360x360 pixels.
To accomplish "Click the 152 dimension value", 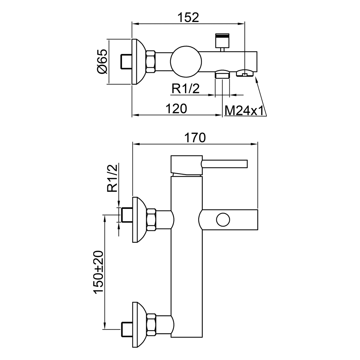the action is (188, 17).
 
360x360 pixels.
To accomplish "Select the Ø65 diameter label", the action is (102, 61).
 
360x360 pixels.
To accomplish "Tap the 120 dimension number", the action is (176, 109).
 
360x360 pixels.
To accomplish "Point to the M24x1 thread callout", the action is (244, 111).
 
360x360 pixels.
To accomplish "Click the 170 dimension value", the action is (195, 138).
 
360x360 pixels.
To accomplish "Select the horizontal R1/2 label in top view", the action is (186, 89).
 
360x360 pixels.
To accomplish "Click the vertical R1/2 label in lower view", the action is (112, 178).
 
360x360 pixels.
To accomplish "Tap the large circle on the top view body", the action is (186, 62).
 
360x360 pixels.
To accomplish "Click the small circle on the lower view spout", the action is (223, 220).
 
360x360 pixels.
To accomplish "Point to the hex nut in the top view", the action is (150, 62).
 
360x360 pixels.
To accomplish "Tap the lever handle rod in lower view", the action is (224, 164).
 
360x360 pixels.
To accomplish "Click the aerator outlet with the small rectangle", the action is (245, 73).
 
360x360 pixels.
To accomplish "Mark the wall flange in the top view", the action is (139, 62).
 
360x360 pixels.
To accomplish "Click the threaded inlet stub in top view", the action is (126, 62).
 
